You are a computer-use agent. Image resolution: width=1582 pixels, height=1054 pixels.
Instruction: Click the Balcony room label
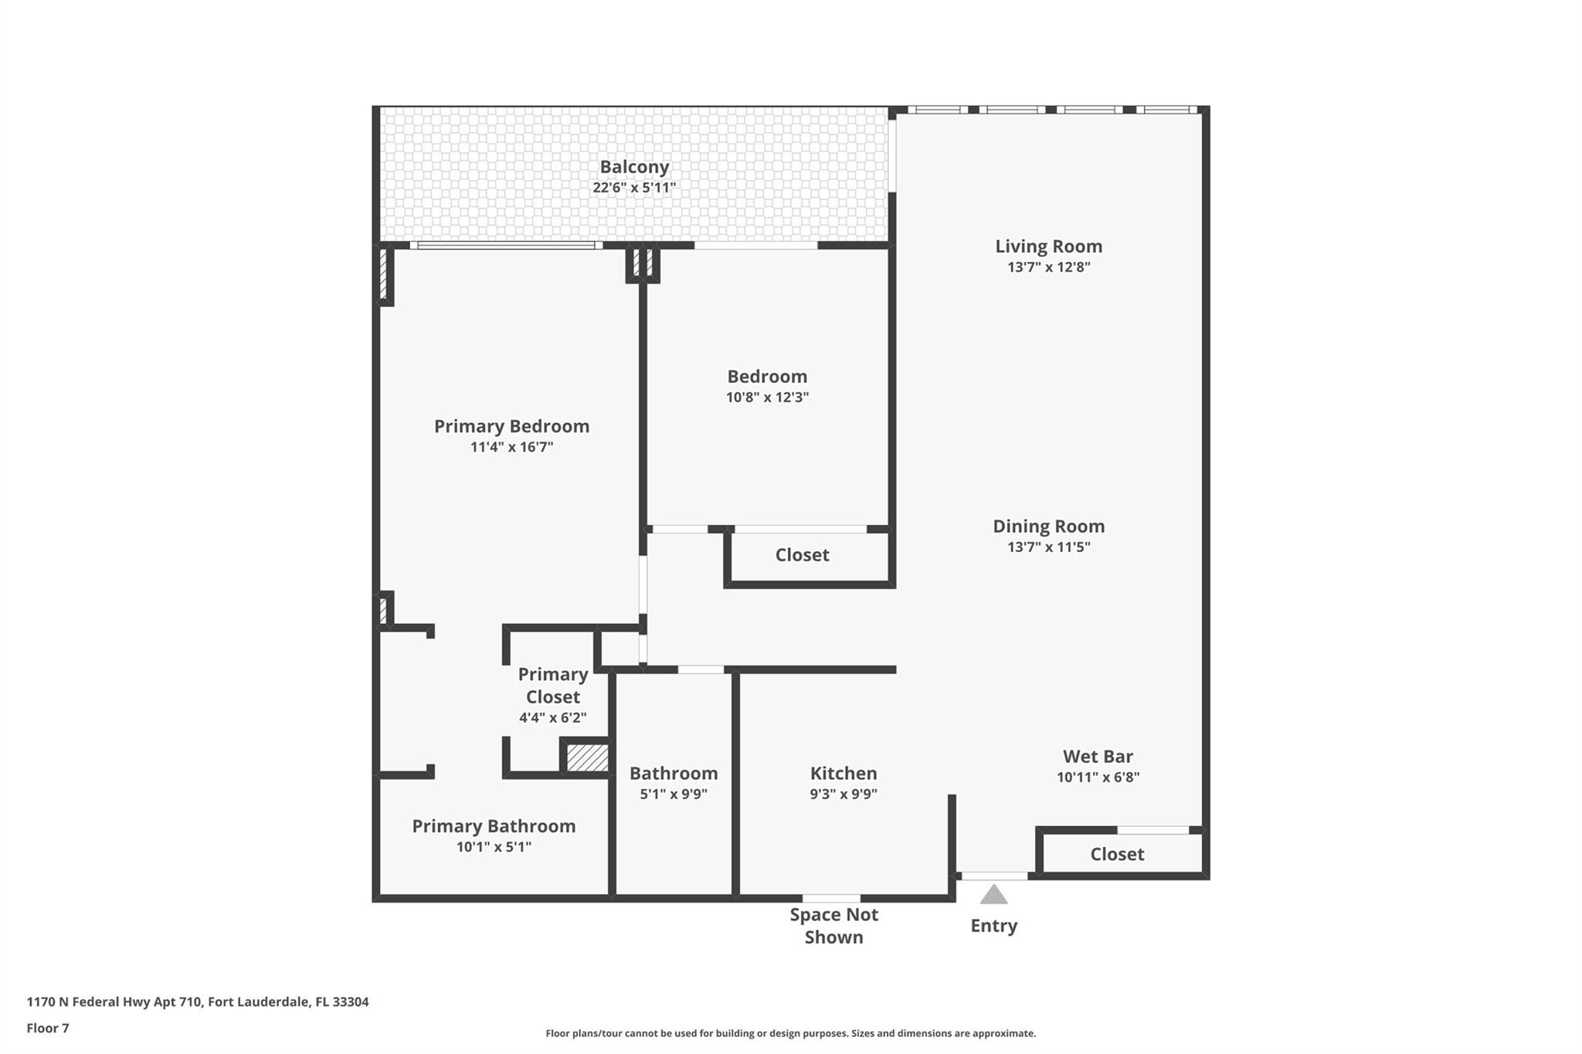[634, 167]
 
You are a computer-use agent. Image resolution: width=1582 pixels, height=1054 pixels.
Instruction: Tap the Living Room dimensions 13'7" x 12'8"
[1048, 267]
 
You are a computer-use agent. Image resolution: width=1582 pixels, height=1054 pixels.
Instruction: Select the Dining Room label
[1048, 527]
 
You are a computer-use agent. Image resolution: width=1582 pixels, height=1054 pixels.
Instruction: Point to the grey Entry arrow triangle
[993, 894]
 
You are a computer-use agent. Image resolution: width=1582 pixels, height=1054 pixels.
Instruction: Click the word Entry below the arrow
[993, 926]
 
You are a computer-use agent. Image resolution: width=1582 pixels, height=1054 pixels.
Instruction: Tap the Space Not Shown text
[833, 926]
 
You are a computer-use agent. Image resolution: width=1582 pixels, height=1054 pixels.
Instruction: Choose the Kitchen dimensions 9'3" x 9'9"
[844, 794]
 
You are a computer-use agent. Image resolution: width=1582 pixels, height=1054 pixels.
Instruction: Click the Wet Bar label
[1098, 757]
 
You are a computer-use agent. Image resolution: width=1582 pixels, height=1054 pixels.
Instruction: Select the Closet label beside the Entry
[1117, 854]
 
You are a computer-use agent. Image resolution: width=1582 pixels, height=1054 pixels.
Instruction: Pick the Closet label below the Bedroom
[802, 555]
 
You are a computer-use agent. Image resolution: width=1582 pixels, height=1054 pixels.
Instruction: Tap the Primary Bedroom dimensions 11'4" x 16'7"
[511, 447]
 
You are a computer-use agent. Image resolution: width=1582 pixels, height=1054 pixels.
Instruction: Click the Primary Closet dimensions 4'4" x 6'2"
[552, 717]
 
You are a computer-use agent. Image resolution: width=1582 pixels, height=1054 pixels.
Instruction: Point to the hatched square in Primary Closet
[587, 757]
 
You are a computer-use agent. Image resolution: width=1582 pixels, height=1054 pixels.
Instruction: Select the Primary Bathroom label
[494, 826]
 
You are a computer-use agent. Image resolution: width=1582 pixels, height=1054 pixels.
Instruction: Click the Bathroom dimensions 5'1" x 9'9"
[674, 794]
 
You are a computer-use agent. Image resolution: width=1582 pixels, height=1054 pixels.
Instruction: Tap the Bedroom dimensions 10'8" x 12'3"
[767, 398]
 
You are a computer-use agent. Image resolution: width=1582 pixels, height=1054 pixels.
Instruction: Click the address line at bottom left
[198, 1002]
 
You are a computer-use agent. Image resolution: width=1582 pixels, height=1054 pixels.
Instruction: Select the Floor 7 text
[48, 1029]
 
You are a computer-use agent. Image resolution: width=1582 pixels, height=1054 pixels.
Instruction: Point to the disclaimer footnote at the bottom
[791, 1033]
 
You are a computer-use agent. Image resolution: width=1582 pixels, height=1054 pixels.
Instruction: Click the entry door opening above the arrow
[994, 876]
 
